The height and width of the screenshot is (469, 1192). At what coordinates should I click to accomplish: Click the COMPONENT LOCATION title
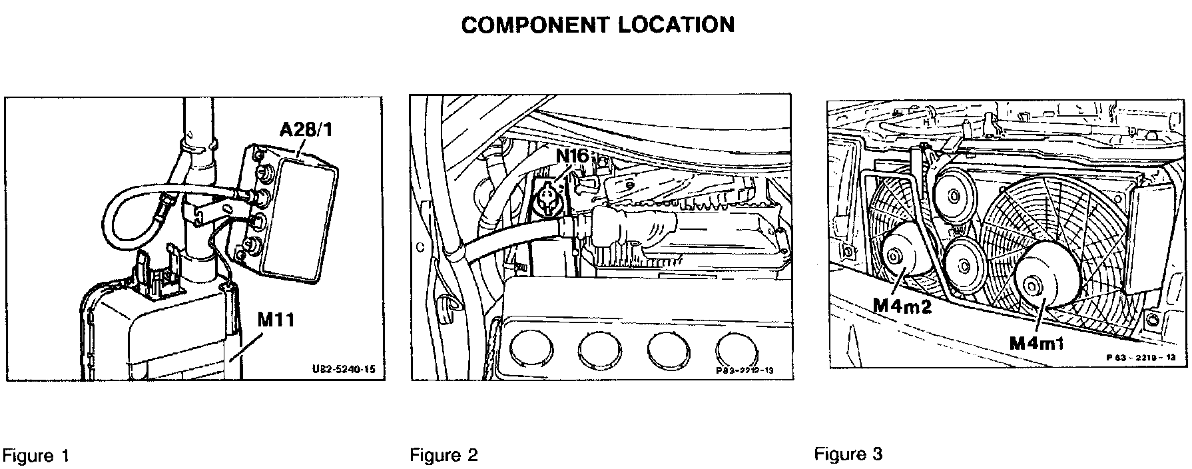click(597, 25)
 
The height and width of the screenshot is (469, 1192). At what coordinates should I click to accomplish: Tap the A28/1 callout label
click(306, 129)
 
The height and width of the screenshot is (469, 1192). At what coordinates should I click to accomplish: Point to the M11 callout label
click(275, 320)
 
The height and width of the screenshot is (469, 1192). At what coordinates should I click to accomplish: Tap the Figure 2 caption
click(444, 456)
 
